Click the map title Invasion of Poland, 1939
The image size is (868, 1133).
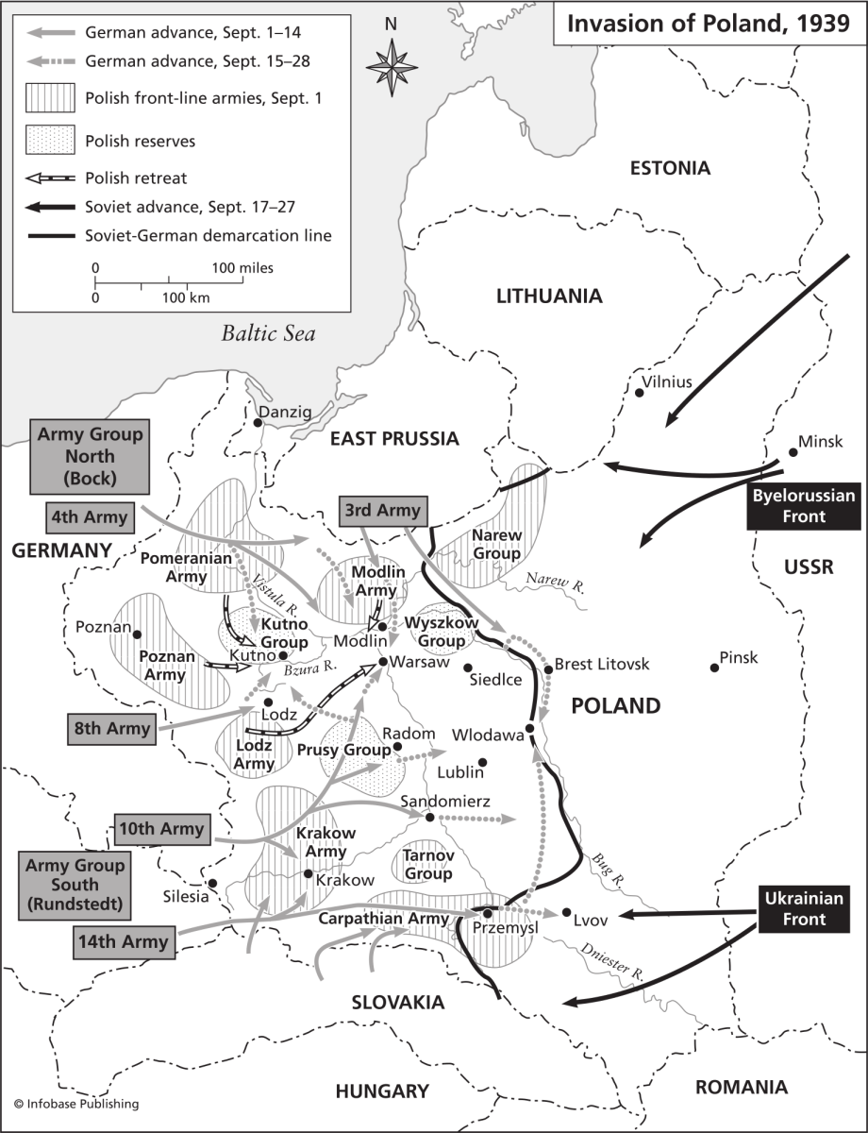708,23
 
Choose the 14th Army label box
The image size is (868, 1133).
122,940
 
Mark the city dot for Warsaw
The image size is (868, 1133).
383,662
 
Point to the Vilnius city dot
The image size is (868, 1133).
640,394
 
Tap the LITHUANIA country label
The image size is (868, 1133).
549,296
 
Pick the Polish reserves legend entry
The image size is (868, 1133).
140,141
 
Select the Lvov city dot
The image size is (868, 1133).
565,913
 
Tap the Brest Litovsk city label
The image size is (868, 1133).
602,665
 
